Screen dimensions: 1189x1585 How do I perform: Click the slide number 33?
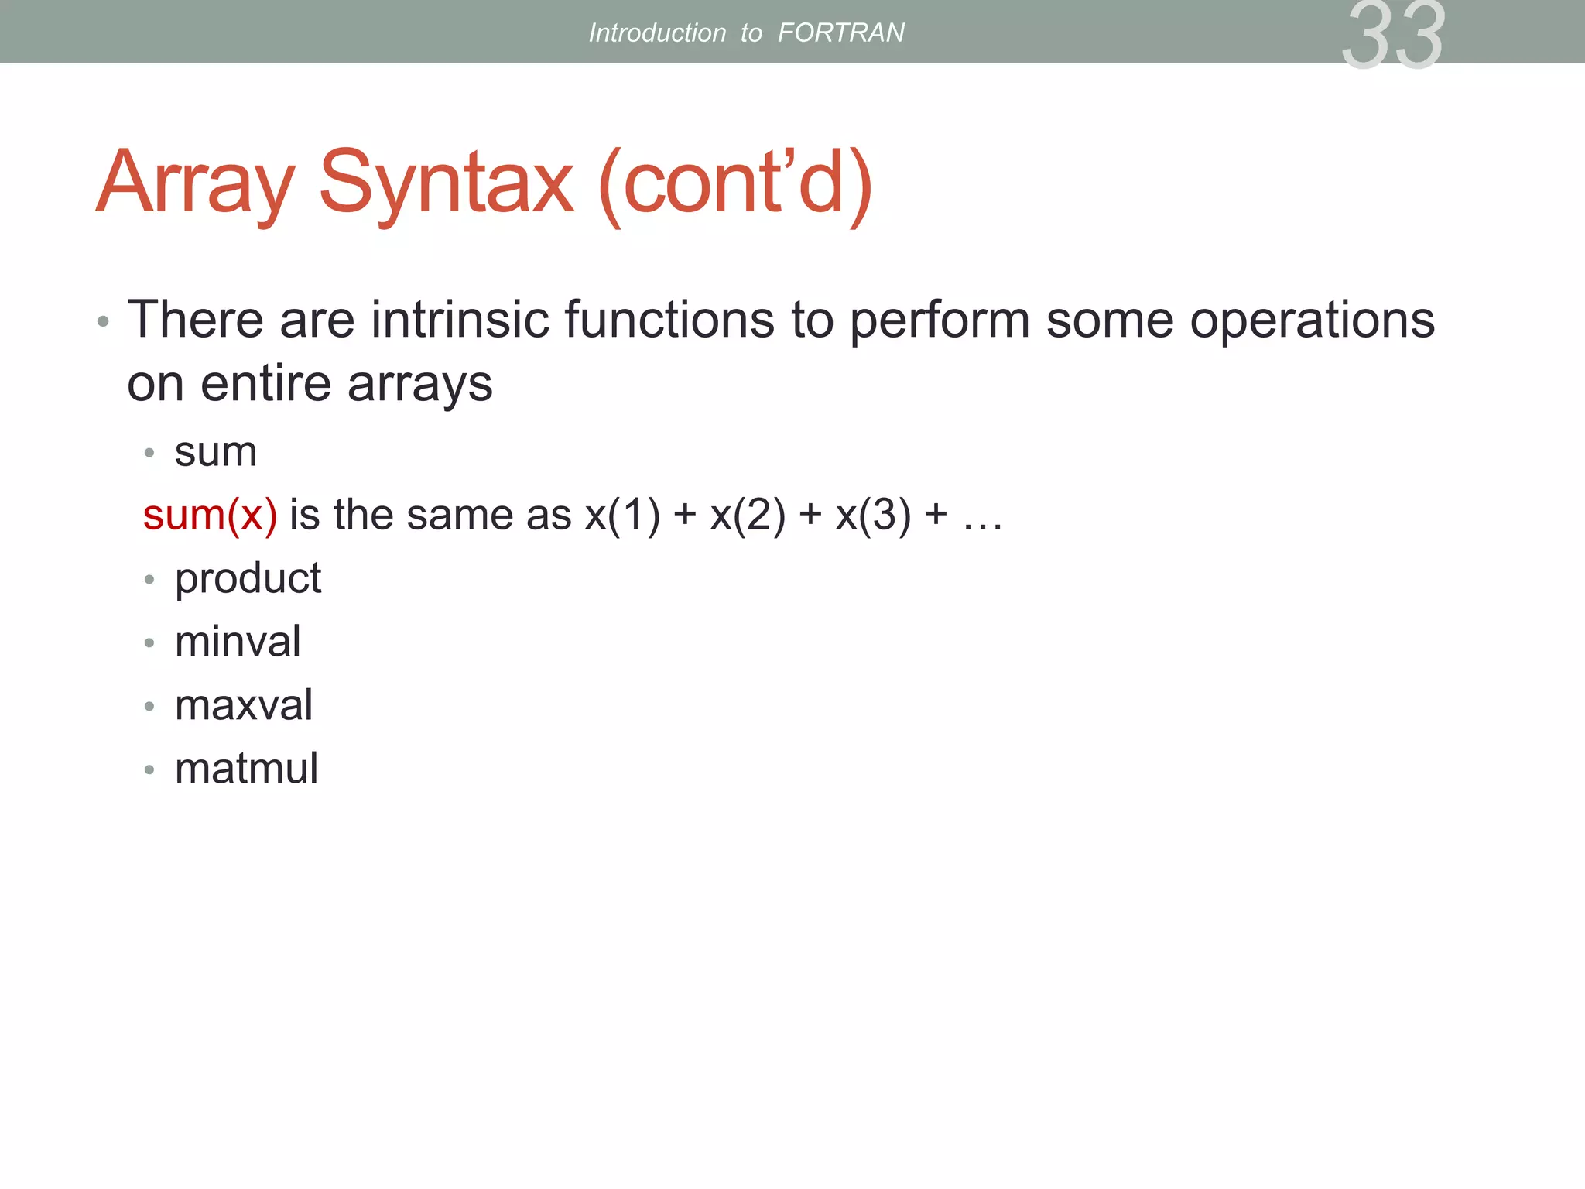[1392, 36]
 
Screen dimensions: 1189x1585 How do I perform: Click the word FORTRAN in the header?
[840, 33]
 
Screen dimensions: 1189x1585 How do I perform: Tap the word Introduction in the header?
[657, 33]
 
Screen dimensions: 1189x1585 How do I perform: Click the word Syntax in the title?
[447, 183]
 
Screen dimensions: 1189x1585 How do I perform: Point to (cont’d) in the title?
[735, 183]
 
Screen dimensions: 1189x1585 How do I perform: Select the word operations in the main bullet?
[1312, 319]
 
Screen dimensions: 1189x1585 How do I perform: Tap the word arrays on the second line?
[419, 384]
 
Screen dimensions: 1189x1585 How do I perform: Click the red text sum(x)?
[210, 515]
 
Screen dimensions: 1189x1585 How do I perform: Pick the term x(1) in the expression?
[622, 515]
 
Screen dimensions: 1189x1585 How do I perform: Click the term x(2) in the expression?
[748, 515]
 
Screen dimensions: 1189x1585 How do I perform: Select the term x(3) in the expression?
[873, 515]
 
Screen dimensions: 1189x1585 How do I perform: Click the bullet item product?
[248, 579]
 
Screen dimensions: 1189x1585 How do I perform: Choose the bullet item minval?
[238, 642]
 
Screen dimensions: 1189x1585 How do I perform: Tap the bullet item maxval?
[244, 705]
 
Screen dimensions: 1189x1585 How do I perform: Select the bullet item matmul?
[246, 769]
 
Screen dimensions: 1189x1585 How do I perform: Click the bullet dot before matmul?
[149, 769]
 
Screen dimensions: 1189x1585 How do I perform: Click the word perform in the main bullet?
[940, 319]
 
